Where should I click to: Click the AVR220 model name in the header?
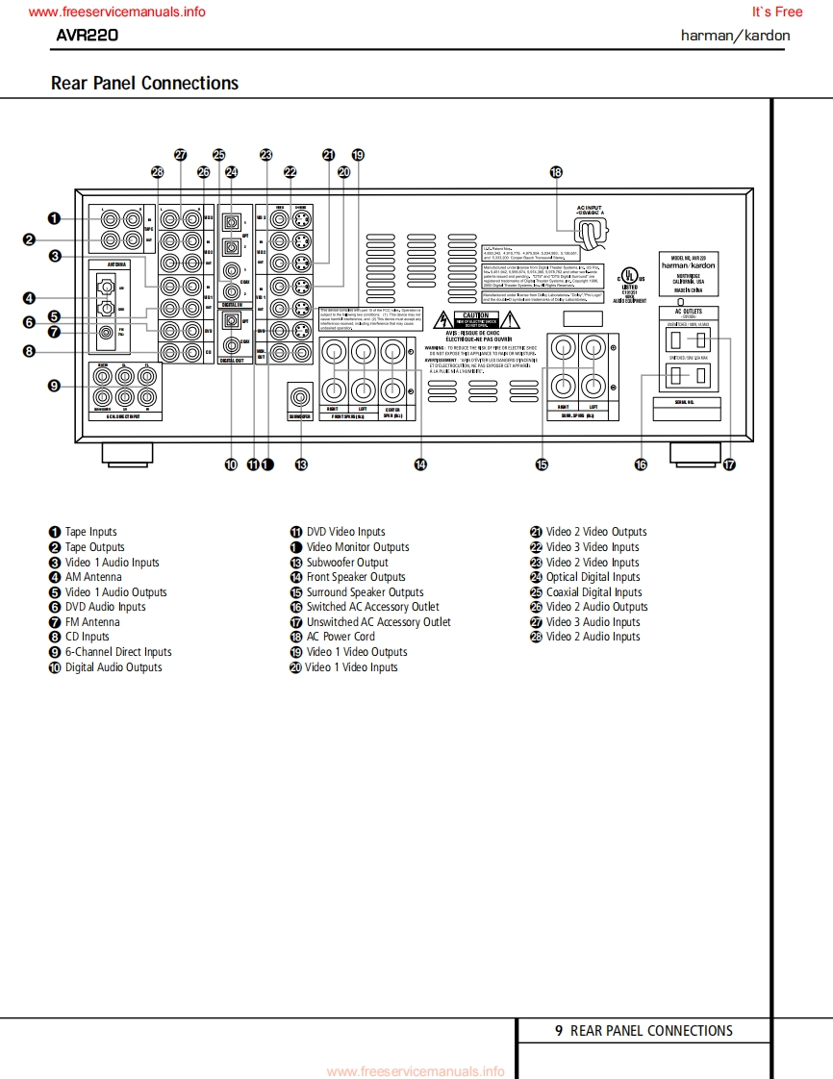[87, 36]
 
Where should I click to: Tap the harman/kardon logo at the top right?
[735, 36]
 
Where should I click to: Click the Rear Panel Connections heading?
[144, 84]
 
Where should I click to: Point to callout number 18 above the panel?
[556, 172]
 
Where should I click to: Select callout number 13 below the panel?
[301, 464]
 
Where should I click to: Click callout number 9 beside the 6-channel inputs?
[55, 386]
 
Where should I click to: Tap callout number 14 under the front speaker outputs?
[420, 464]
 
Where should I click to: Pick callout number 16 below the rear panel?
[641, 464]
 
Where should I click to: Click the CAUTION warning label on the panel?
[476, 315]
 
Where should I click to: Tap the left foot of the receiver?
[126, 451]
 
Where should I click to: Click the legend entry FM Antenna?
[92, 622]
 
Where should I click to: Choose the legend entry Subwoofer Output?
[347, 563]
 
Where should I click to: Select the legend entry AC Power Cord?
[341, 637]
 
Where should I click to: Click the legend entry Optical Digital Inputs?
[593, 577]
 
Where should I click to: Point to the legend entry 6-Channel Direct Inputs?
[118, 652]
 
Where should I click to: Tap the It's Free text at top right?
[776, 13]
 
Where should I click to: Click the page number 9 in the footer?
[559, 1031]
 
